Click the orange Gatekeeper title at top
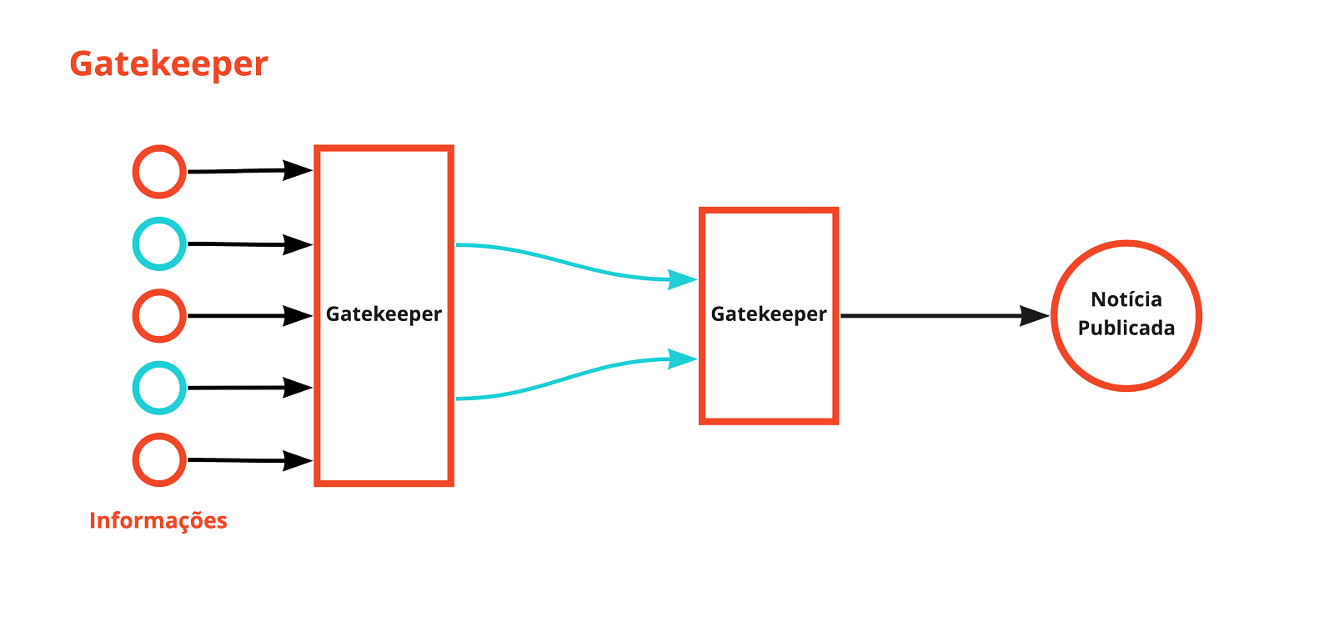(x=168, y=64)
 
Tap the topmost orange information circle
(x=159, y=172)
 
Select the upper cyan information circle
(x=159, y=243)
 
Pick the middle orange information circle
(x=159, y=316)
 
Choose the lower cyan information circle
(x=159, y=388)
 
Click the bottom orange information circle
(x=159, y=459)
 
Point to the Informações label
(x=158, y=520)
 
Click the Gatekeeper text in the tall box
(x=384, y=314)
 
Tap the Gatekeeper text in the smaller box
(x=768, y=314)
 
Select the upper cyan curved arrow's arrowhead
(x=684, y=279)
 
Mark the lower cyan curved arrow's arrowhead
(x=684, y=359)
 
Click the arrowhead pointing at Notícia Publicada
(x=1035, y=316)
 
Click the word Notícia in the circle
(x=1126, y=299)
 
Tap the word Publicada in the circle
(x=1126, y=329)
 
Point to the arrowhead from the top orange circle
(x=298, y=170)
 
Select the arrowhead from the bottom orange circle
(x=298, y=460)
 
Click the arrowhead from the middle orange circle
(x=298, y=316)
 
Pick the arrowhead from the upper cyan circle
(x=298, y=244)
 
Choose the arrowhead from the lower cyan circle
(x=298, y=388)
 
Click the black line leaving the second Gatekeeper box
(x=925, y=316)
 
